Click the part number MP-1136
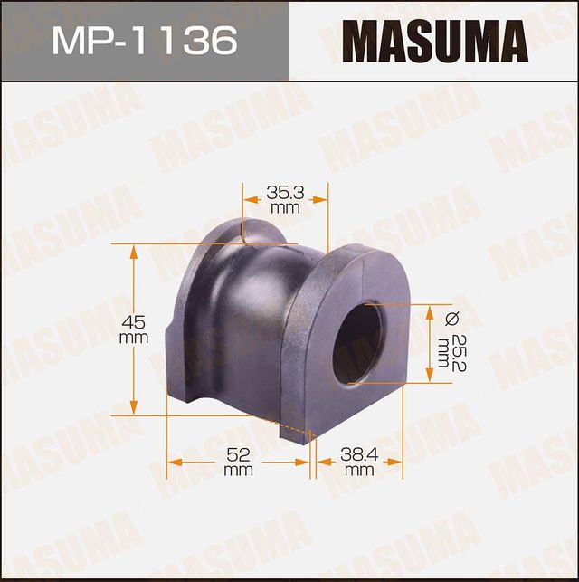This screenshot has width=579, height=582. click(x=145, y=40)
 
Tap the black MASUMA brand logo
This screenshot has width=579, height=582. click(x=434, y=41)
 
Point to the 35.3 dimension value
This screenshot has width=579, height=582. click(x=285, y=192)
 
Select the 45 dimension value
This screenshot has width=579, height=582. click(x=133, y=322)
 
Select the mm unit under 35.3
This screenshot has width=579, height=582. click(x=285, y=207)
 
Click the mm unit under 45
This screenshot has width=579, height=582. click(x=133, y=338)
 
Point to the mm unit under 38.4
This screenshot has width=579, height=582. click(x=359, y=471)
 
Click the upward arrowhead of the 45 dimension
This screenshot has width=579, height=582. click(x=134, y=251)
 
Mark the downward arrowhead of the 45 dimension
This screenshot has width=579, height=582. click(x=134, y=405)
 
